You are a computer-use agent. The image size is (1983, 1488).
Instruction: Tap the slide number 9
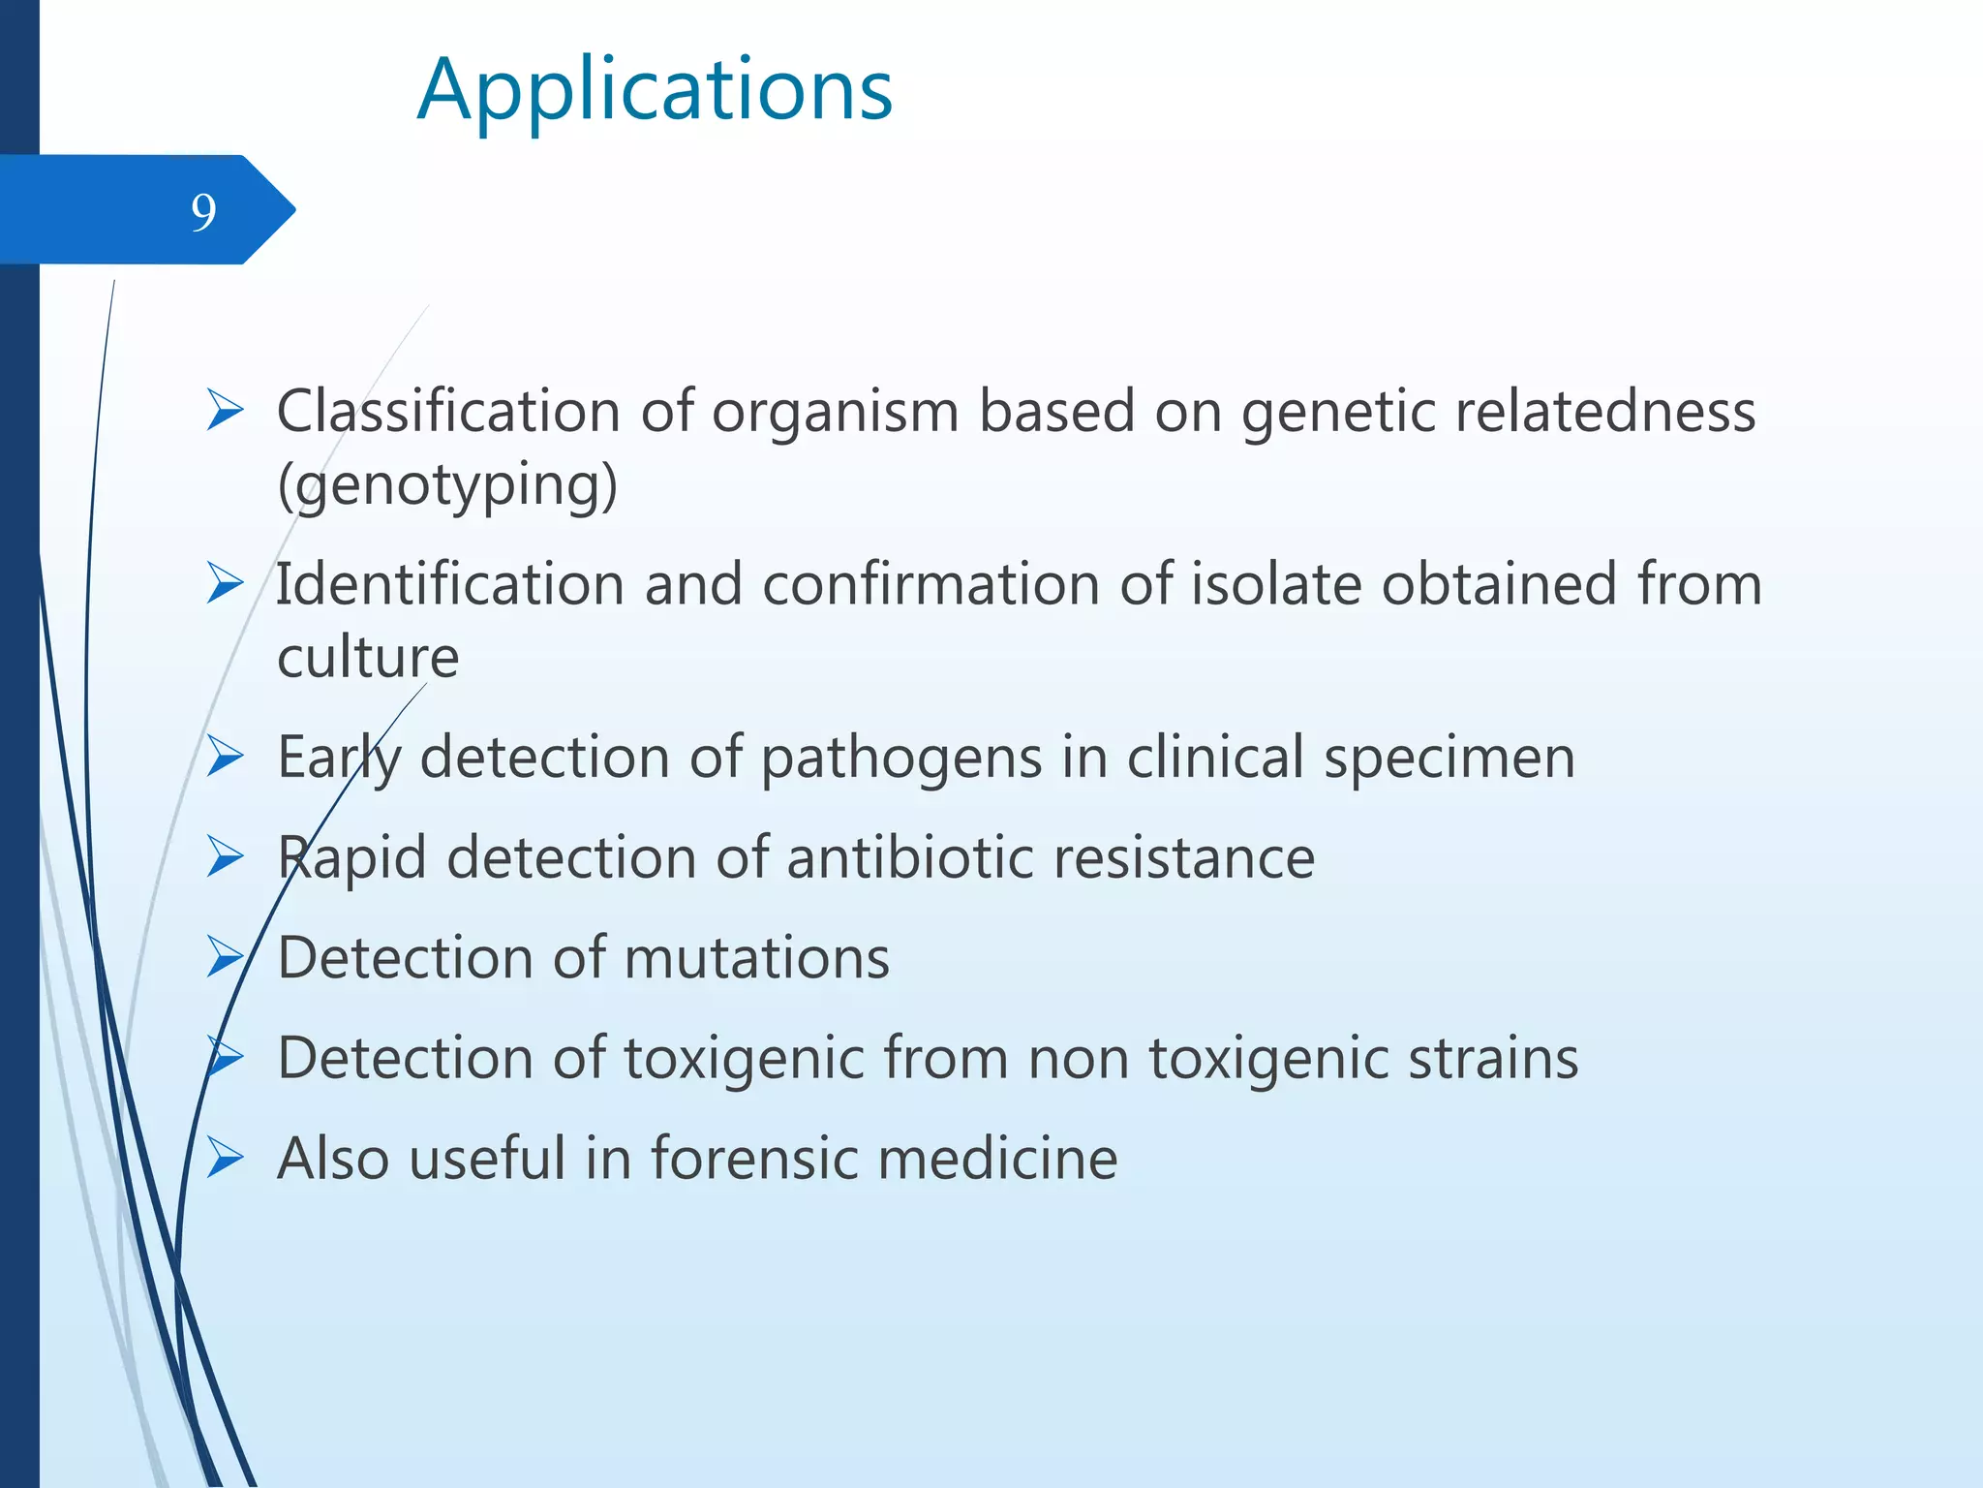[203, 212]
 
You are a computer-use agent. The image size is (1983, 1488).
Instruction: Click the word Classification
[448, 411]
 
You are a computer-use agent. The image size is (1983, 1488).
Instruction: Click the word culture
[368, 658]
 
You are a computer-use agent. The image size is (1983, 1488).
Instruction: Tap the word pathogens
[900, 758]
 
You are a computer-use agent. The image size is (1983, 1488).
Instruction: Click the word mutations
[756, 958]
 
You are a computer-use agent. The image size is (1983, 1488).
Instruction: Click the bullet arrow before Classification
[225, 412]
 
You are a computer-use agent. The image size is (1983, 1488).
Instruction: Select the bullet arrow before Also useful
[225, 1159]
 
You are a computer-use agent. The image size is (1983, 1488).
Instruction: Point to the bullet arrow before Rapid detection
[225, 858]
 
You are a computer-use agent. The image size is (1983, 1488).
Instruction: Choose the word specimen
[1449, 758]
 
